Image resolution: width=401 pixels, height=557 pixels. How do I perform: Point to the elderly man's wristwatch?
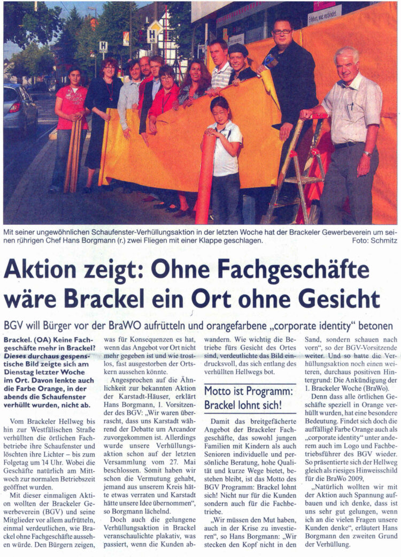(368, 154)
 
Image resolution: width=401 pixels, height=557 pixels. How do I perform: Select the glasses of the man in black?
(283, 32)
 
